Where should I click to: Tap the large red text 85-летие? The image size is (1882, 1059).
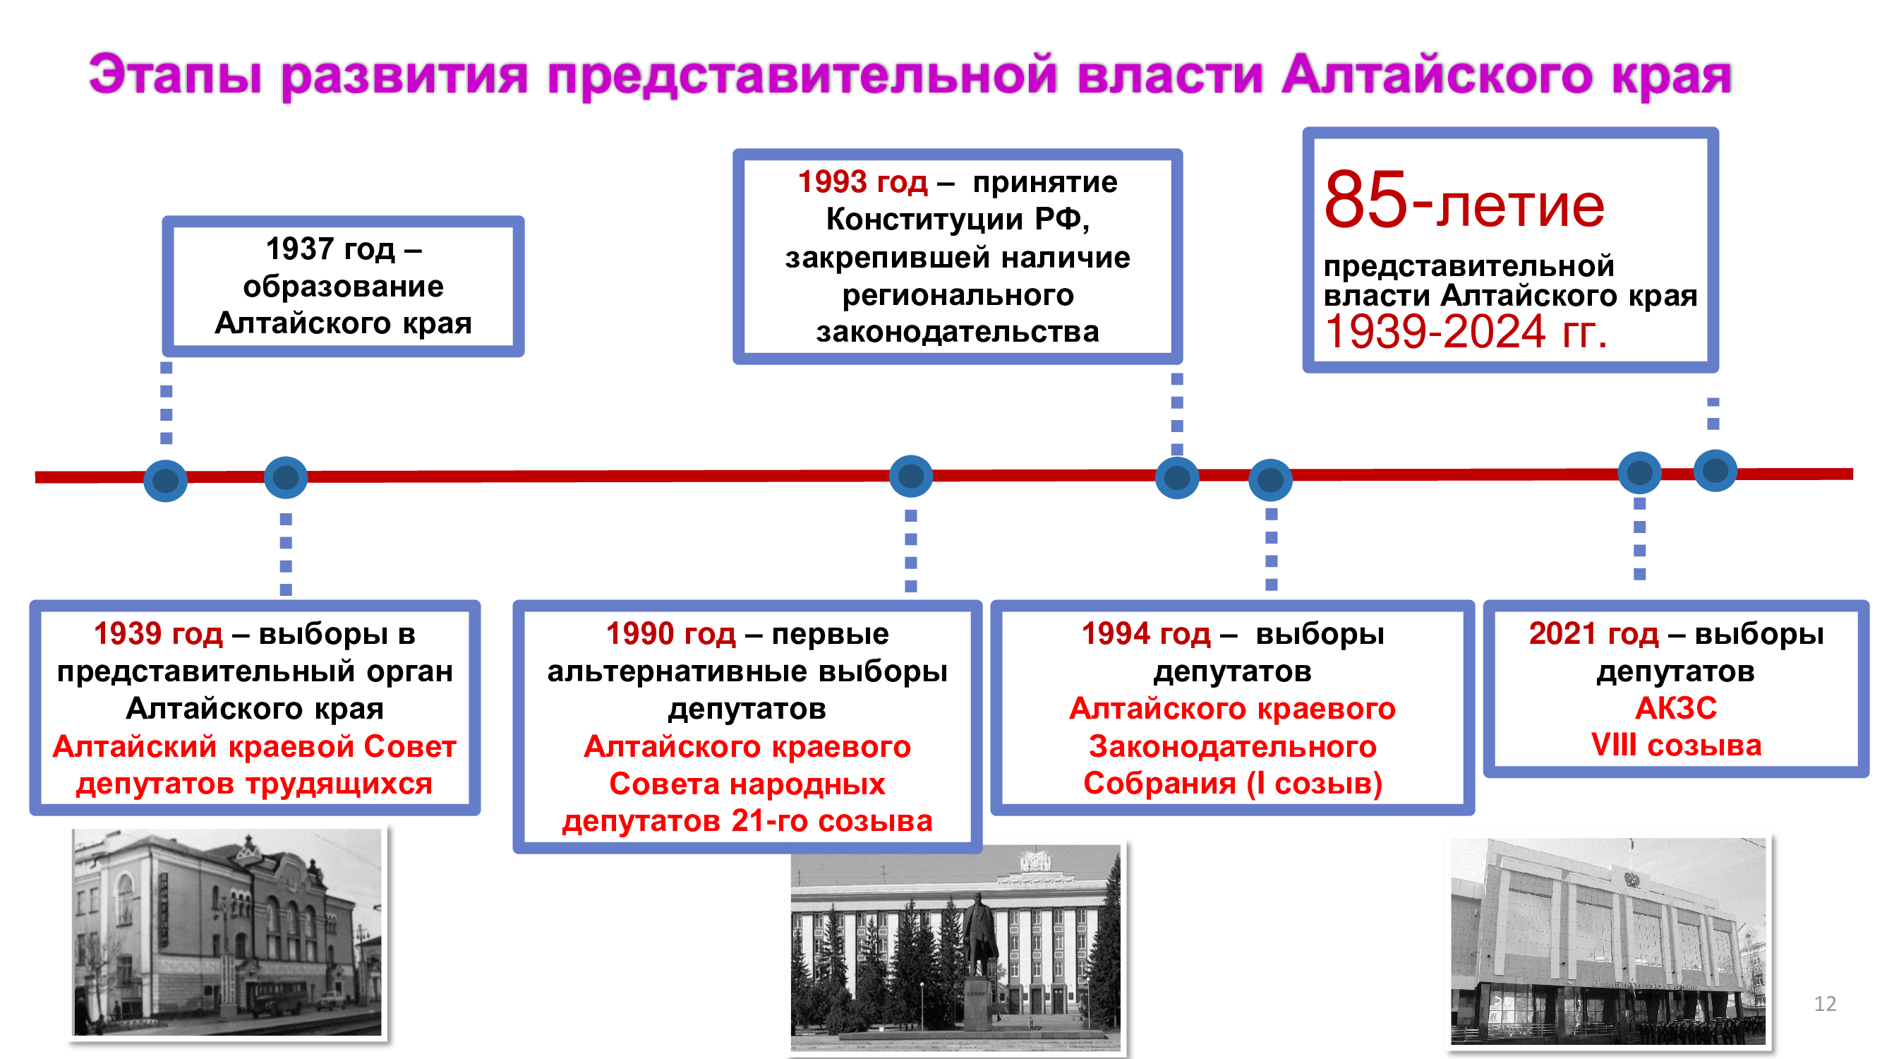click(x=1464, y=201)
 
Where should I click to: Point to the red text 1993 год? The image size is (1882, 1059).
click(x=862, y=182)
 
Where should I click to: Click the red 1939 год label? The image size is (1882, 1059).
click(x=158, y=634)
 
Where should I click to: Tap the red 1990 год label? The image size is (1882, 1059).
click(x=670, y=634)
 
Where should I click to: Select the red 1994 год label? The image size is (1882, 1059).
click(x=1145, y=634)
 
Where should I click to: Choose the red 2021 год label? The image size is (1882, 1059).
click(x=1593, y=634)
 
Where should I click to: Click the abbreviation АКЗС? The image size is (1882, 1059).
click(x=1676, y=708)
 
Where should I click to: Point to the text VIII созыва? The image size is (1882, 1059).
click(x=1676, y=746)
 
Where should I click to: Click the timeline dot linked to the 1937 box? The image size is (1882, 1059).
click(x=166, y=480)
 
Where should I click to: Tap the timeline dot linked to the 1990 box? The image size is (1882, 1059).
click(x=911, y=477)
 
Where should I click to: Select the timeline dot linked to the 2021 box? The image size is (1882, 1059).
click(x=1640, y=473)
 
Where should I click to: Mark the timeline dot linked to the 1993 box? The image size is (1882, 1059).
click(x=1177, y=478)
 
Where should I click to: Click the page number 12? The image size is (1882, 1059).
click(x=1825, y=1003)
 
